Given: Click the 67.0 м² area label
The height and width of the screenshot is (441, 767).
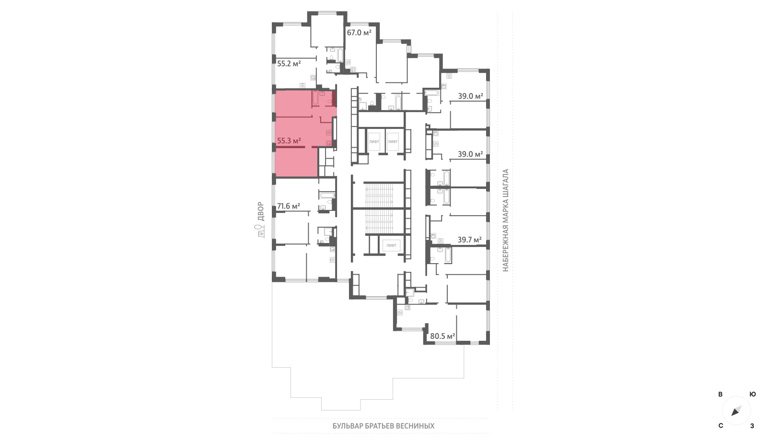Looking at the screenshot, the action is pos(359,33).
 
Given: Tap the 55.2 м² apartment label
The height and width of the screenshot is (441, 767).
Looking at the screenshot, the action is pos(289,64).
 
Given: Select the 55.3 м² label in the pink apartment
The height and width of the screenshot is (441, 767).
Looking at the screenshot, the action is pos(289,141).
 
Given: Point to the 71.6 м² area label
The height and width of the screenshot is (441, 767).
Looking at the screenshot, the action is pos(289,206).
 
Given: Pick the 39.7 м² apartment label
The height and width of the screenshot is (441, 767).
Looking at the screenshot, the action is pos(470,240).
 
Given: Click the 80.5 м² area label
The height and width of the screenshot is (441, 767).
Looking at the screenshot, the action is pos(442,336).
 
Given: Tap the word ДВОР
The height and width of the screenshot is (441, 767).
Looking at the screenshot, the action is pos(261,211).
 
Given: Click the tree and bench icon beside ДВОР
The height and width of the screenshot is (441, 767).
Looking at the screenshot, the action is pos(261,231).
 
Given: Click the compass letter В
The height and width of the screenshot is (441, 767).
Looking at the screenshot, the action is pos(721,395).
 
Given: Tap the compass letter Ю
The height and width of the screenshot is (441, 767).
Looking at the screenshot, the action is pos(753,395).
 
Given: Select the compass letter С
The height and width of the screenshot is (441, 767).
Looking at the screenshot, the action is pos(721,426).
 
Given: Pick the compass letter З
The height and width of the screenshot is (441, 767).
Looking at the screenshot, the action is pos(752,426).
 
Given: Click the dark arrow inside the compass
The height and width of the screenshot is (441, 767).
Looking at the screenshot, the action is pos(736,411).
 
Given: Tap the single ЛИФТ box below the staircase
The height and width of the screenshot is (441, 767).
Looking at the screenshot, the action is pos(391,245).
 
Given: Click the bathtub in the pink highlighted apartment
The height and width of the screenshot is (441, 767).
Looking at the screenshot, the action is pos(315,98).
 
